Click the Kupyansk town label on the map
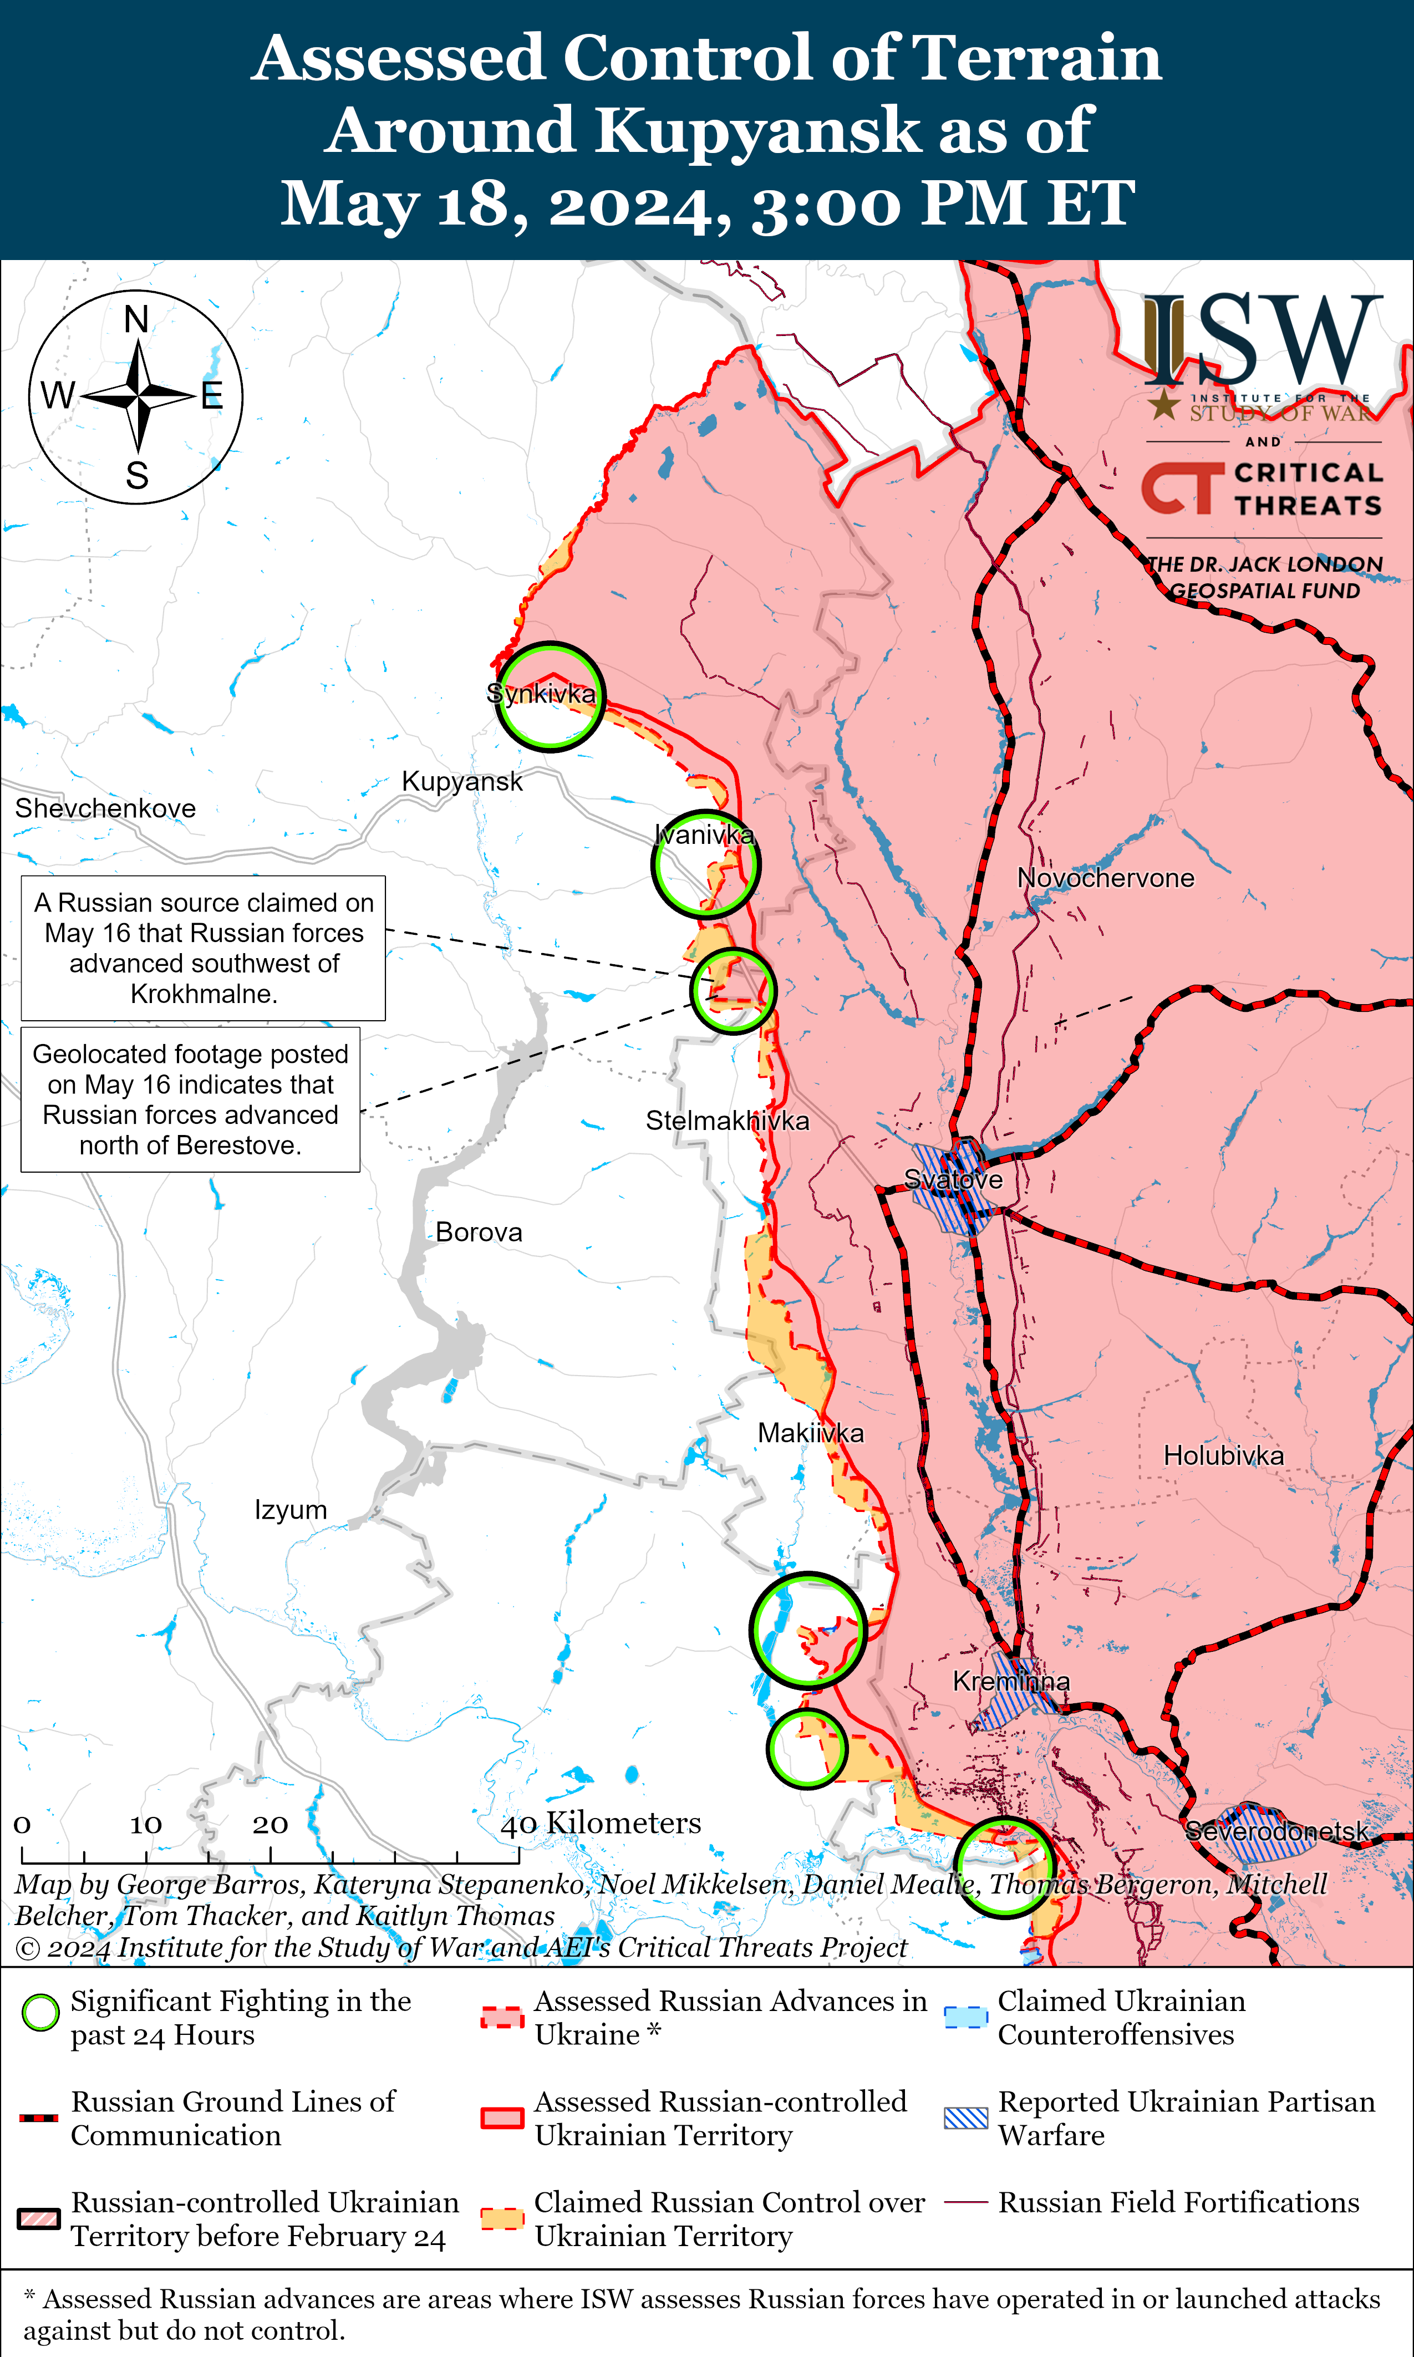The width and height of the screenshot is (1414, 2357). [x=462, y=781]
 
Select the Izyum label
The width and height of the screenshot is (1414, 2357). [x=291, y=1510]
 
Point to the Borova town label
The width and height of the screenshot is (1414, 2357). [x=479, y=1233]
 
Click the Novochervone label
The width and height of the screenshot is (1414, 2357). [x=1105, y=878]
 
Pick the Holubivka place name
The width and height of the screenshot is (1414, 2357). [x=1223, y=1456]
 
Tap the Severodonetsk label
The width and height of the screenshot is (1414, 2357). [x=1276, y=1831]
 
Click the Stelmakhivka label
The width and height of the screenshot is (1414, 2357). [x=727, y=1121]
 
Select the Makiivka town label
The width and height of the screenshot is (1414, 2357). [x=810, y=1433]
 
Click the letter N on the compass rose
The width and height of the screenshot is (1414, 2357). [x=136, y=319]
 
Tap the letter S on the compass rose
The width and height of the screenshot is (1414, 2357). [x=137, y=475]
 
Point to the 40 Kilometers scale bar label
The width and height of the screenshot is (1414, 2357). [x=601, y=1823]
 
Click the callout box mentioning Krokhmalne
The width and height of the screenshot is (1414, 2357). [x=203, y=948]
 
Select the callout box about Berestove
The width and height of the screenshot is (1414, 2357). [x=191, y=1099]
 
